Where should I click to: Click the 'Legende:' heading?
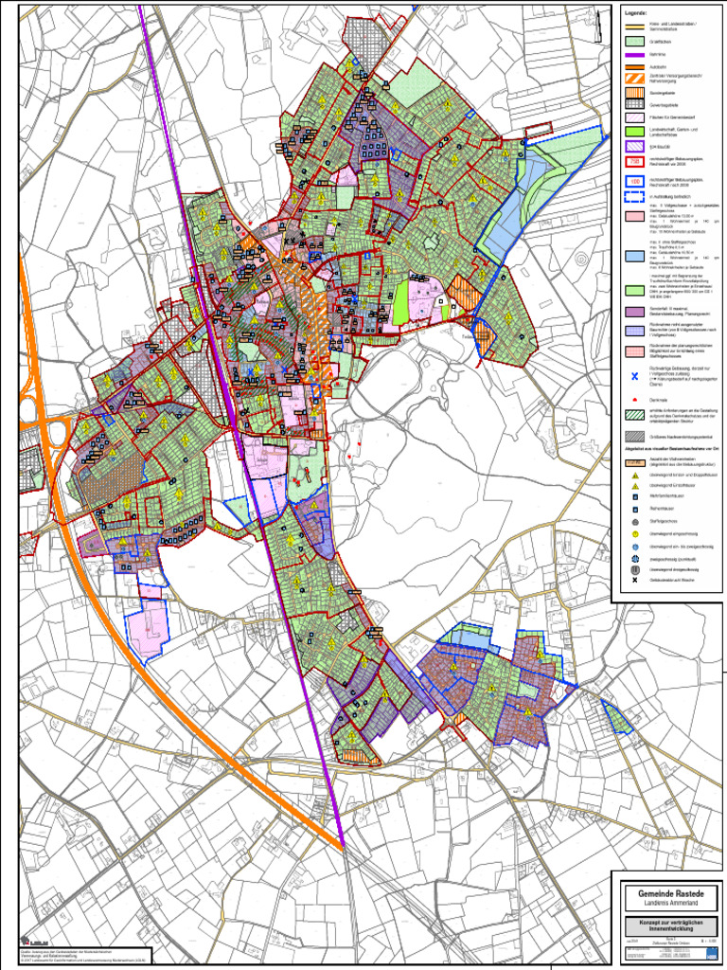(635, 13)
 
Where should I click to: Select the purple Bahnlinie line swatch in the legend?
(636, 55)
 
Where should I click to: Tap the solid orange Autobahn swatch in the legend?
(636, 67)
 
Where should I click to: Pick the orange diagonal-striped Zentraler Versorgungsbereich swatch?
(636, 79)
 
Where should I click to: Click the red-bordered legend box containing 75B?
(636, 161)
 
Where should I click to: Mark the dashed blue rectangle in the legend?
(636, 197)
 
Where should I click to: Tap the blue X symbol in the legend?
(636, 377)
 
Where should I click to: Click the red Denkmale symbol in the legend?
(636, 399)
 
